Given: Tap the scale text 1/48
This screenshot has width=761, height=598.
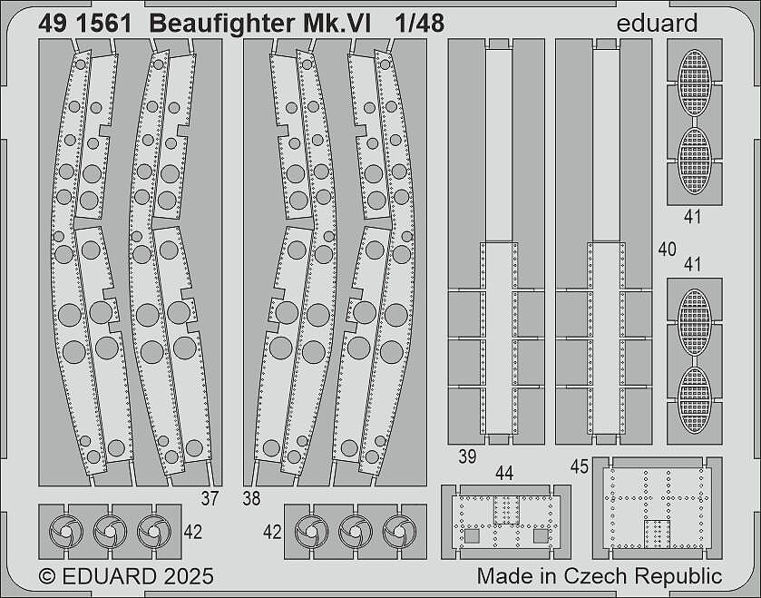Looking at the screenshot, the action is coord(419,24).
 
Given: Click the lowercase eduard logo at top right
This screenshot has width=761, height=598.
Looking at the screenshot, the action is coord(657,23).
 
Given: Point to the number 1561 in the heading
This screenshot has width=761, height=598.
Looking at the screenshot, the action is coord(103,24).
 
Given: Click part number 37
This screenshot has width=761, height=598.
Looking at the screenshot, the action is coord(210,498).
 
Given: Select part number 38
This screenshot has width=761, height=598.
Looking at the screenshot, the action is coord(251,498).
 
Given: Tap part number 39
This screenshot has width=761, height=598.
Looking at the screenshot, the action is coord(467,456).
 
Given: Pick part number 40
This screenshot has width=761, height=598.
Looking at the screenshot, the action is coord(668,249).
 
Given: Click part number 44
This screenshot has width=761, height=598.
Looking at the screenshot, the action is coord(504,474).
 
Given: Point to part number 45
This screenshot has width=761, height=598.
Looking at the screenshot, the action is coord(580,467).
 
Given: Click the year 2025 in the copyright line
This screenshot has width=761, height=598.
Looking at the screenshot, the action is coord(189,576).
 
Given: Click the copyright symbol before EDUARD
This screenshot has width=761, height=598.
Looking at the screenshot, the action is coord(47,576).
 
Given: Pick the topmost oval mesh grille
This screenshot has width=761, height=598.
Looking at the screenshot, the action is coord(695,83).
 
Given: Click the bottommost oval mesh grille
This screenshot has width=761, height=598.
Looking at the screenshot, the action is coord(695,400).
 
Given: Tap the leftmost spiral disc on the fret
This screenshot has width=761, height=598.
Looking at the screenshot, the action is coord(66,532).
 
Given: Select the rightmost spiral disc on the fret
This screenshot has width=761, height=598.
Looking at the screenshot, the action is coord(399,532).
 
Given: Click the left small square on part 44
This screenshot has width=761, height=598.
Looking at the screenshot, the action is coord(472,536).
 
